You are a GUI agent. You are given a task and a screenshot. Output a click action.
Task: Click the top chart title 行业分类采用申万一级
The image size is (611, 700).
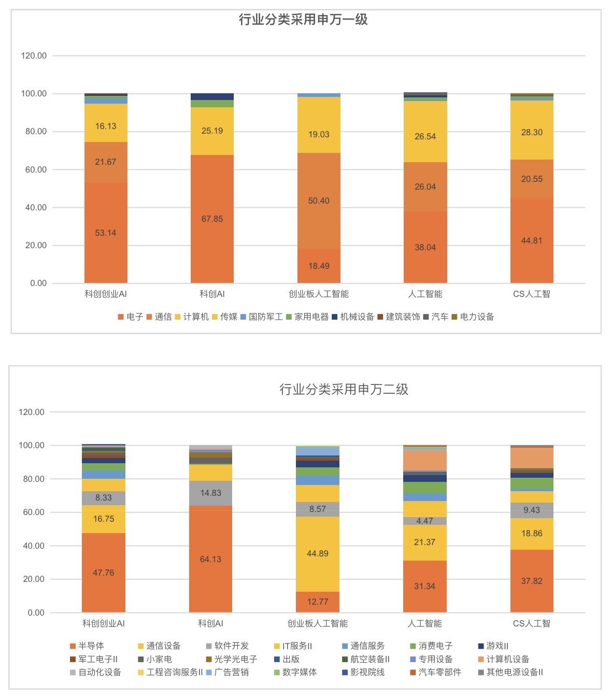pos(303,20)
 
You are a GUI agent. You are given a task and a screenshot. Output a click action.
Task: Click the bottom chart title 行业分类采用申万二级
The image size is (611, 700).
pos(344,389)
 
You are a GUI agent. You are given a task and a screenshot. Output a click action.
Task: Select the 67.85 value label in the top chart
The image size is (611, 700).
pos(212,219)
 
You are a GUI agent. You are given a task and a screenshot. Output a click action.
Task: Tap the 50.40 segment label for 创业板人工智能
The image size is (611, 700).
pos(319,201)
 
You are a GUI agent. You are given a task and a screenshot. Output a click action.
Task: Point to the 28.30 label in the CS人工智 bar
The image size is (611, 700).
pos(532,132)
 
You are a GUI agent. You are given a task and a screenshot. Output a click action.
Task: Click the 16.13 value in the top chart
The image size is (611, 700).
pos(106,126)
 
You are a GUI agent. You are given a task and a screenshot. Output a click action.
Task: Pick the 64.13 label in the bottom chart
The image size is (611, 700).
pos(210,559)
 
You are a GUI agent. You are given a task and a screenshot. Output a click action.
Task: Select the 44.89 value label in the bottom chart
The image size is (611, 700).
pos(318,553)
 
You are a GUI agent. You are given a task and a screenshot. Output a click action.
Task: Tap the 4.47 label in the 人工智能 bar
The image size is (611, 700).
pos(424,521)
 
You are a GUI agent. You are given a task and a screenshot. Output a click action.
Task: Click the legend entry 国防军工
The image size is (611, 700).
pos(262,317)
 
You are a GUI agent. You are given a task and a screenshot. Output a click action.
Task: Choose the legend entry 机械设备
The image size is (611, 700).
pos(353,317)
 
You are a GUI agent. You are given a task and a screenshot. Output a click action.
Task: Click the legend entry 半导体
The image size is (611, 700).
pos(87,646)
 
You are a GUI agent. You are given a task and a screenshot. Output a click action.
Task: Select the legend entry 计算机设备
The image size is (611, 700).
pos(504,659)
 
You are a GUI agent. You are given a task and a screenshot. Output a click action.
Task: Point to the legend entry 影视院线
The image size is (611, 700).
pos(363,672)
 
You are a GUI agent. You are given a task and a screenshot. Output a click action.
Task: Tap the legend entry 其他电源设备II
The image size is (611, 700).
pos(510,672)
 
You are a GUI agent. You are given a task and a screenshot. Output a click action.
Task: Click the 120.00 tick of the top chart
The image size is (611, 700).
pos(34,55)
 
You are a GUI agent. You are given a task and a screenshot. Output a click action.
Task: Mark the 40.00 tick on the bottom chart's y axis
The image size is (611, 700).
pos(34,546)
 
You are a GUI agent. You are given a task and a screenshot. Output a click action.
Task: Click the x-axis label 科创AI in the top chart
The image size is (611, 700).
pos(212,294)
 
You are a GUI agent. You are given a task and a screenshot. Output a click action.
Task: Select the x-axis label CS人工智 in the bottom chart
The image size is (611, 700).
pos(531,623)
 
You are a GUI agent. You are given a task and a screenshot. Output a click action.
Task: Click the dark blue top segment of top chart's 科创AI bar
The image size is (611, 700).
pos(212,96)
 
